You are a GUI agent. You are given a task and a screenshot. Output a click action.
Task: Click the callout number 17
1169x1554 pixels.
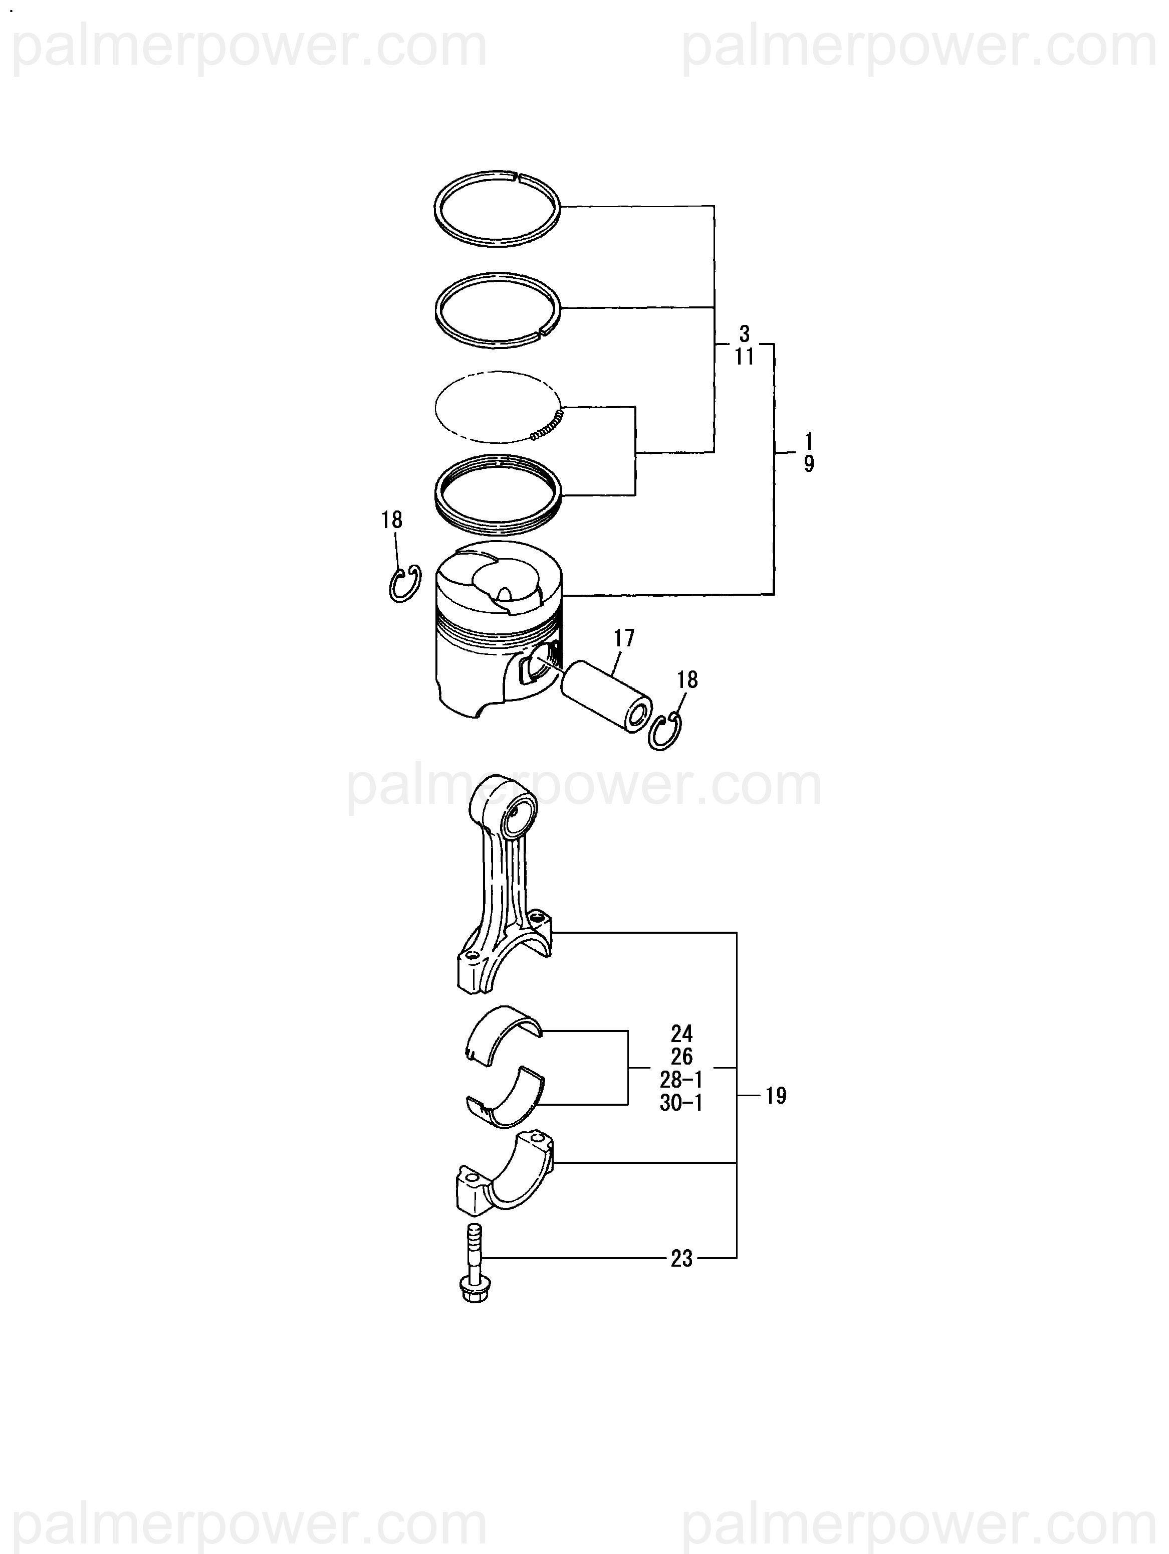623,638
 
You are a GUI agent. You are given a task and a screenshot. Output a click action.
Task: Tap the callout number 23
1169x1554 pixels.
681,1258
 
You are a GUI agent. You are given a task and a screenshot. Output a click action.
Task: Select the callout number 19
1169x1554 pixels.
775,1095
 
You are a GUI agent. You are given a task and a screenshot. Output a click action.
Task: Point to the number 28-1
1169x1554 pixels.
681,1079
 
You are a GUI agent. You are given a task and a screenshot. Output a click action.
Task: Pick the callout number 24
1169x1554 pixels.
681,1033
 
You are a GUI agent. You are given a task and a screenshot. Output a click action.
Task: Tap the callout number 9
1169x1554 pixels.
809,464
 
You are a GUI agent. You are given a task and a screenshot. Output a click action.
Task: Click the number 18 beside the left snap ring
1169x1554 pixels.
392,520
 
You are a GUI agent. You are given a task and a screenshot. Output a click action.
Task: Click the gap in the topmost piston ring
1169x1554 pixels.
516,176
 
